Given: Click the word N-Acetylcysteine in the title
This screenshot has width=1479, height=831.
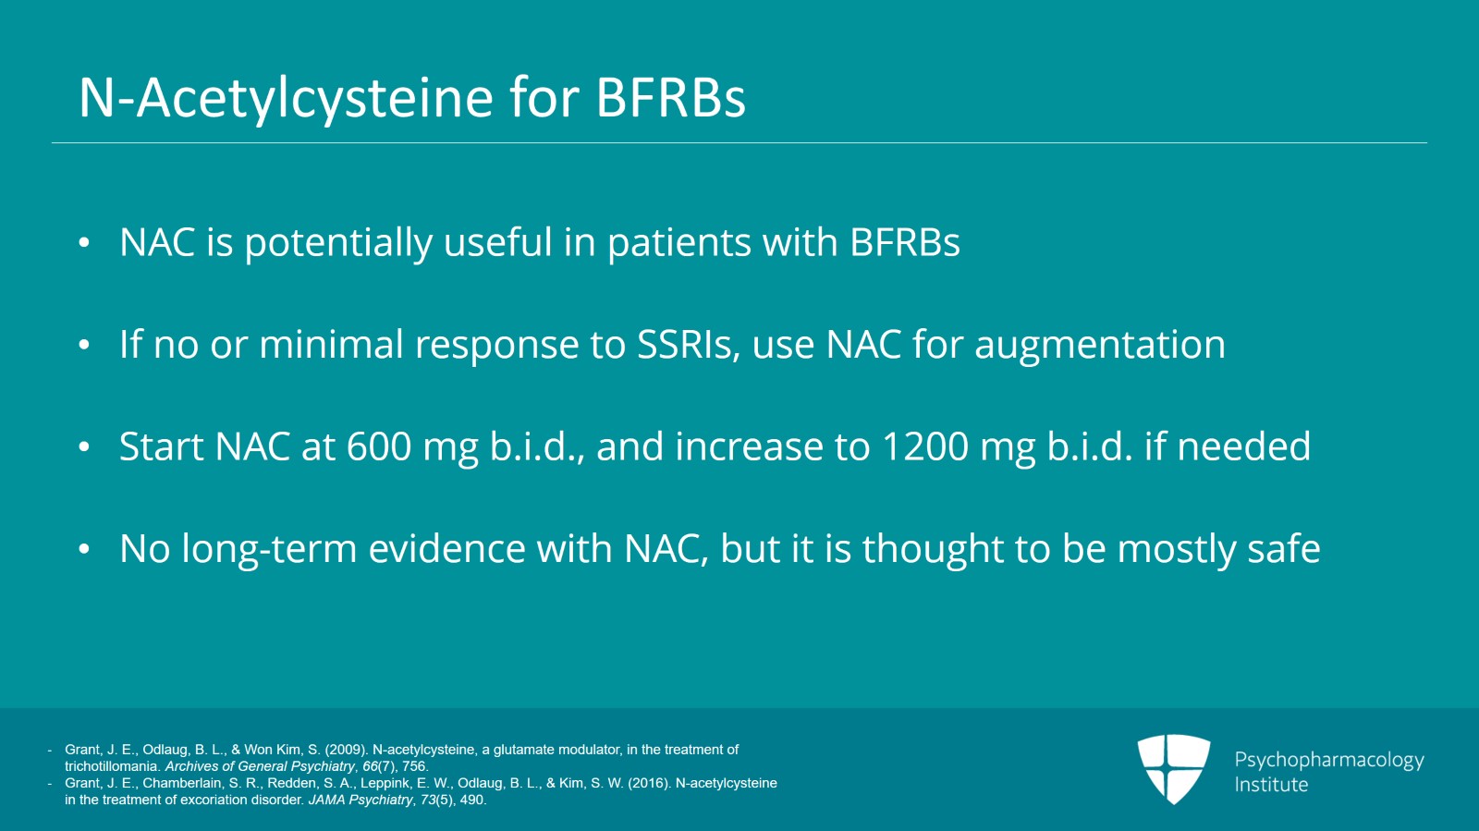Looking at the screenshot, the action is tap(286, 98).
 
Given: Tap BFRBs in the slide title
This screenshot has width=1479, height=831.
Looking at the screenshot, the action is tap(671, 98).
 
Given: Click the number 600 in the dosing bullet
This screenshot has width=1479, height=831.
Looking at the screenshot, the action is tap(379, 446).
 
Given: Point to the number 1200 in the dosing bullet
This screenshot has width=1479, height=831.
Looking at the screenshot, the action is tap(924, 446).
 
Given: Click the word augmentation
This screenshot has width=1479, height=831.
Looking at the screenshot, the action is tap(1100, 345).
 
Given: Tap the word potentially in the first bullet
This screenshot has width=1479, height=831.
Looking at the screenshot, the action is tap(338, 243).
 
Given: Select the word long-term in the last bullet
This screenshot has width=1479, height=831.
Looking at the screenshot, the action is tap(269, 548).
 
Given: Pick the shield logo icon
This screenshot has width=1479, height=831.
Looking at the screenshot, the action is tap(1173, 768).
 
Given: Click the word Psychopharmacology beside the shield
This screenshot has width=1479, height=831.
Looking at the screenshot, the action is tap(1329, 761).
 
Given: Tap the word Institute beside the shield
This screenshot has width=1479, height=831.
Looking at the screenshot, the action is tap(1271, 784).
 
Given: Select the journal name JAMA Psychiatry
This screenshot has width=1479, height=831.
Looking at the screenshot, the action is tap(361, 800).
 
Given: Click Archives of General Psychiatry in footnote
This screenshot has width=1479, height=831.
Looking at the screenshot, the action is tap(260, 766).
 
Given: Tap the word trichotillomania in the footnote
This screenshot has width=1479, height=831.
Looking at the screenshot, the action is tap(111, 766).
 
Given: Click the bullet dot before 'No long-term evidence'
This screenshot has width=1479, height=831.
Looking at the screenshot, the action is tap(84, 549).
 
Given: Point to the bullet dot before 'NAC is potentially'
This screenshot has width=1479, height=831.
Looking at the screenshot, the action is tap(84, 243).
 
